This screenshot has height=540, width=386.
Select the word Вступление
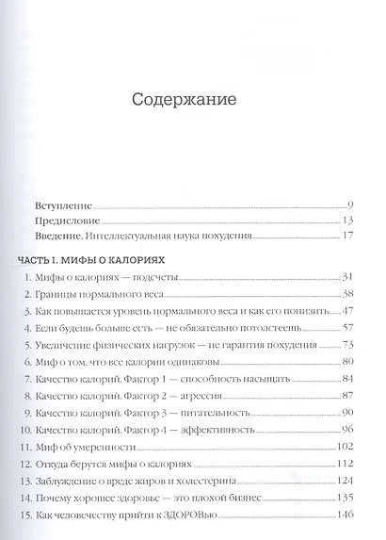[58, 205]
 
